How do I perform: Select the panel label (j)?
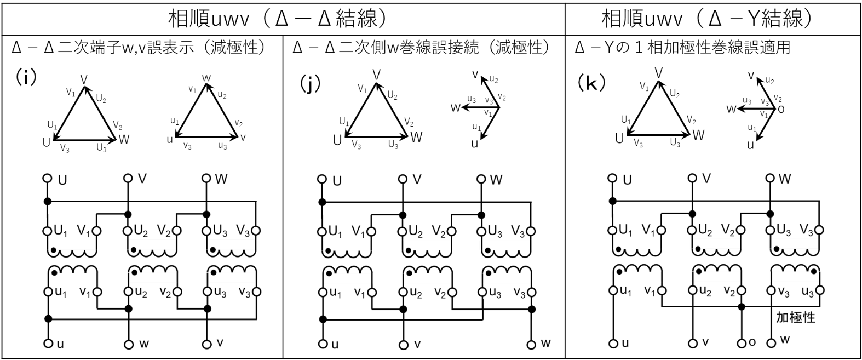[x=309, y=83]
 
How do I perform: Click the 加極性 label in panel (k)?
[x=795, y=317]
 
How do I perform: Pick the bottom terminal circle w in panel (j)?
[x=531, y=345]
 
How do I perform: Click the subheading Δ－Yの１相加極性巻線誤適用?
[x=682, y=47]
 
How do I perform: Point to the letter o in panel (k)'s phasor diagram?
[x=781, y=109]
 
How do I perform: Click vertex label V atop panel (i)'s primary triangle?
[x=84, y=79]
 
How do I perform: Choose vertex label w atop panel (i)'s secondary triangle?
[x=206, y=78]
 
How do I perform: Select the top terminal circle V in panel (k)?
[x=692, y=178]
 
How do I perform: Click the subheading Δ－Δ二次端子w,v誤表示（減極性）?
[x=139, y=47]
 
